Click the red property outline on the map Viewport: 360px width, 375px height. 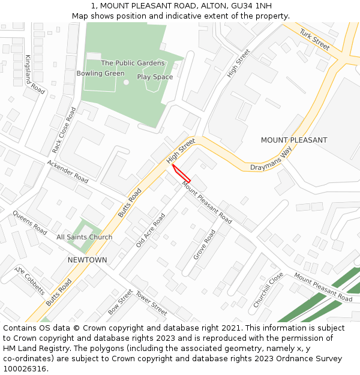181,173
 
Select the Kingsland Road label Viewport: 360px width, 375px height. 35,74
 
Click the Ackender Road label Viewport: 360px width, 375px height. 68,172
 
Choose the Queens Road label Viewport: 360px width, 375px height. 29,223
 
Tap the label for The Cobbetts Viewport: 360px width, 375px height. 30,281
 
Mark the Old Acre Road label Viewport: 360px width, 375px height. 150,230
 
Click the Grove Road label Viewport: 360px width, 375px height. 204,244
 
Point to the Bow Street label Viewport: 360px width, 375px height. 120,302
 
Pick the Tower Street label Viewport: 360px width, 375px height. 151,304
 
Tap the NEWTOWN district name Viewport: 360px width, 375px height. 87,260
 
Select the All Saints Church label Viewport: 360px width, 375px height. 84,237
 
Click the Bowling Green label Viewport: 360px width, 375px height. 100,73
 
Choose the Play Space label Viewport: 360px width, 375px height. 155,77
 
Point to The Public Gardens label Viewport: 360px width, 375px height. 133,63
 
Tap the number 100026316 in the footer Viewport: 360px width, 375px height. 25,369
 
